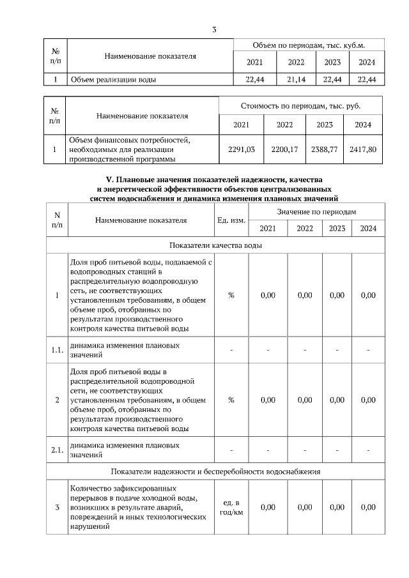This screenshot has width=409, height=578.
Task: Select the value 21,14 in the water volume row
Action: [296, 80]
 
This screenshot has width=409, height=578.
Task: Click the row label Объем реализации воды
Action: [114, 80]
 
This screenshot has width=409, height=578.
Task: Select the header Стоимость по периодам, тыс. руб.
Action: [300, 105]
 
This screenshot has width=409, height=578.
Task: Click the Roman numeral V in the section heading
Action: [108, 181]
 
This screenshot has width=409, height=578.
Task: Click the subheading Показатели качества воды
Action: [215, 245]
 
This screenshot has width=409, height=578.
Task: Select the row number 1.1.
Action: [56, 349]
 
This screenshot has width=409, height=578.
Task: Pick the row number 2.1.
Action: [56, 450]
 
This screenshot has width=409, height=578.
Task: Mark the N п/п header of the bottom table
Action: [56, 220]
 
